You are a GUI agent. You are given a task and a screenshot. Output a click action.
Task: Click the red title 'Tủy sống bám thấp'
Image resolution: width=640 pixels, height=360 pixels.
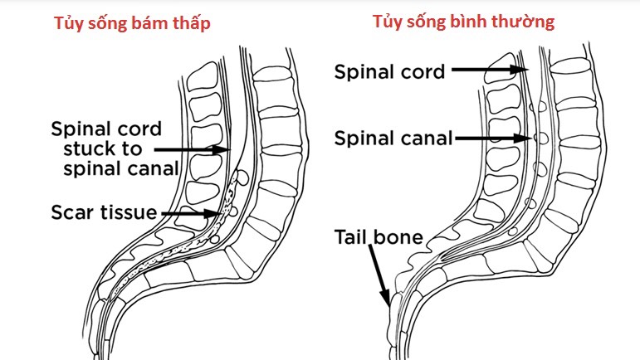[133, 24]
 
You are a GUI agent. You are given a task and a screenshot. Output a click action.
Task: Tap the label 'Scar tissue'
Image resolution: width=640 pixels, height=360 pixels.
[104, 213]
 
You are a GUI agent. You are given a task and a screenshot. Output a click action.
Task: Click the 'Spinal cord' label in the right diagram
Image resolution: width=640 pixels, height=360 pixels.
[388, 71]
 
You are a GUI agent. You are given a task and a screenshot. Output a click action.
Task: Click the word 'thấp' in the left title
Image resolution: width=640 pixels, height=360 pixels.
[191, 24]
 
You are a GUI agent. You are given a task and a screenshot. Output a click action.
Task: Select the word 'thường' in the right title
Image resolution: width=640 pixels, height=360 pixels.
[525, 22]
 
